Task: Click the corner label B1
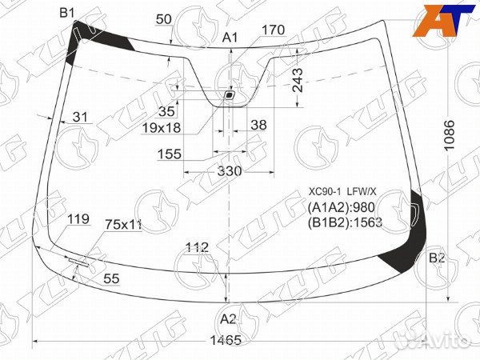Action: click(x=67, y=13)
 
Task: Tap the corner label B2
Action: click(x=437, y=258)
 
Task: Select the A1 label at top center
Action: click(x=230, y=38)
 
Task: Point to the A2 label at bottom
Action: click(x=228, y=319)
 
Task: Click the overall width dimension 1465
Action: click(x=226, y=340)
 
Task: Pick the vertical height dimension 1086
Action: click(x=450, y=135)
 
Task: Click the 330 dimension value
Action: click(x=230, y=171)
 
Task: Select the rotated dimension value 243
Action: click(x=298, y=80)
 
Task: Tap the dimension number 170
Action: click(x=274, y=30)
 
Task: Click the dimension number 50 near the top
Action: click(x=164, y=19)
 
